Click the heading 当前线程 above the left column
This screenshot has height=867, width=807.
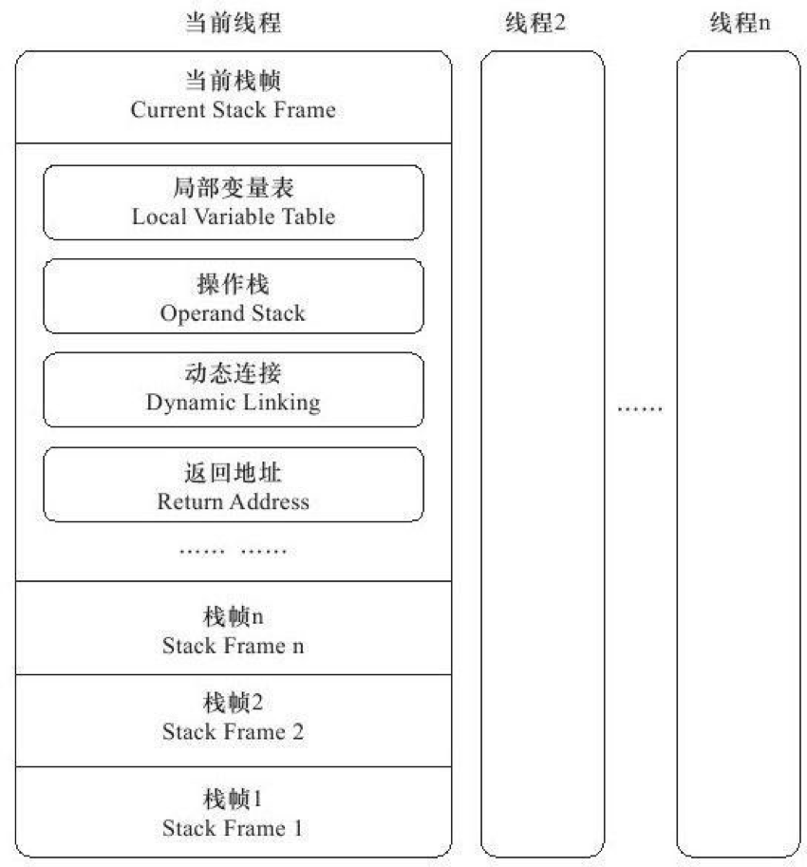click(x=233, y=24)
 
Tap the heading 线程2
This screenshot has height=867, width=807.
click(x=535, y=24)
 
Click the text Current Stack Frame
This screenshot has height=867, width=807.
click(x=233, y=110)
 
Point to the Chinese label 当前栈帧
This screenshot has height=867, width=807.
click(x=233, y=82)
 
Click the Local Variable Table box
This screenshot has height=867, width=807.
click(x=233, y=202)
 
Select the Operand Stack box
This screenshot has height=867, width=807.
click(x=233, y=295)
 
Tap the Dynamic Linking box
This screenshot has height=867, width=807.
click(x=233, y=389)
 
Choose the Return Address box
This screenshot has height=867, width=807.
click(x=233, y=484)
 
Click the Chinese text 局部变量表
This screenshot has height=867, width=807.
click(x=233, y=188)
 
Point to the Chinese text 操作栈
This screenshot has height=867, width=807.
click(x=233, y=283)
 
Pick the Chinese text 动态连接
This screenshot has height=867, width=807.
click(x=233, y=376)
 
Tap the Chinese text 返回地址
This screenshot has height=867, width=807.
click(x=233, y=471)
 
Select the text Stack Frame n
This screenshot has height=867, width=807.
click(x=233, y=647)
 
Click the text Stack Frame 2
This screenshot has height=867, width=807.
click(x=233, y=732)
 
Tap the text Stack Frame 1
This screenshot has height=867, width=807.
click(x=233, y=828)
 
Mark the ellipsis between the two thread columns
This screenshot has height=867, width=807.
click(x=640, y=409)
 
